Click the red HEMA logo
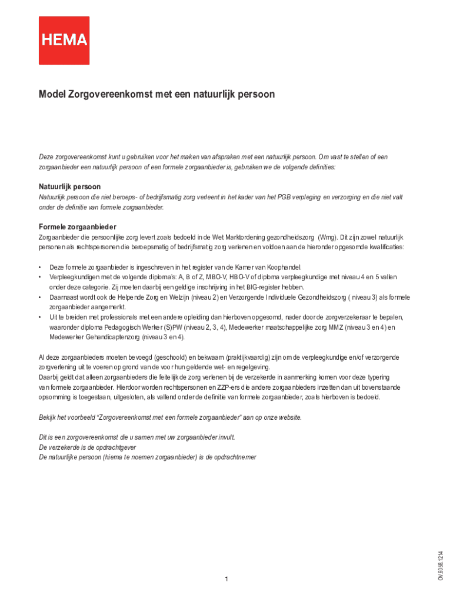pos(64,40)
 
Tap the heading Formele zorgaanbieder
pos(77,227)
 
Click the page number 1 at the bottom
pos(226,580)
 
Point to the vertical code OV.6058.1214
pos(440,566)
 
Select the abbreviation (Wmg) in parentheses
pos(327,238)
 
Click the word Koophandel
pos(284,267)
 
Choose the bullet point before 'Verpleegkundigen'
pos(40,277)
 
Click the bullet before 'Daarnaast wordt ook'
pos(40,297)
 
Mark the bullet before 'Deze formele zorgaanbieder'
pos(40,267)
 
